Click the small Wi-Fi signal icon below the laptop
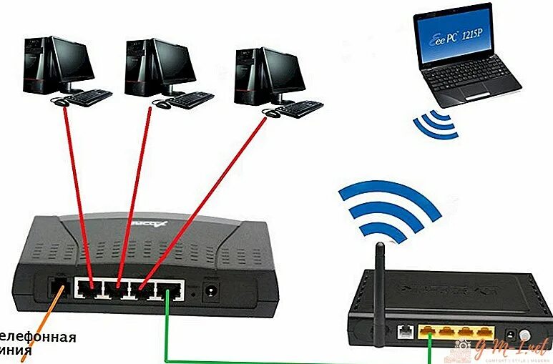pyautogui.click(x=436, y=125)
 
